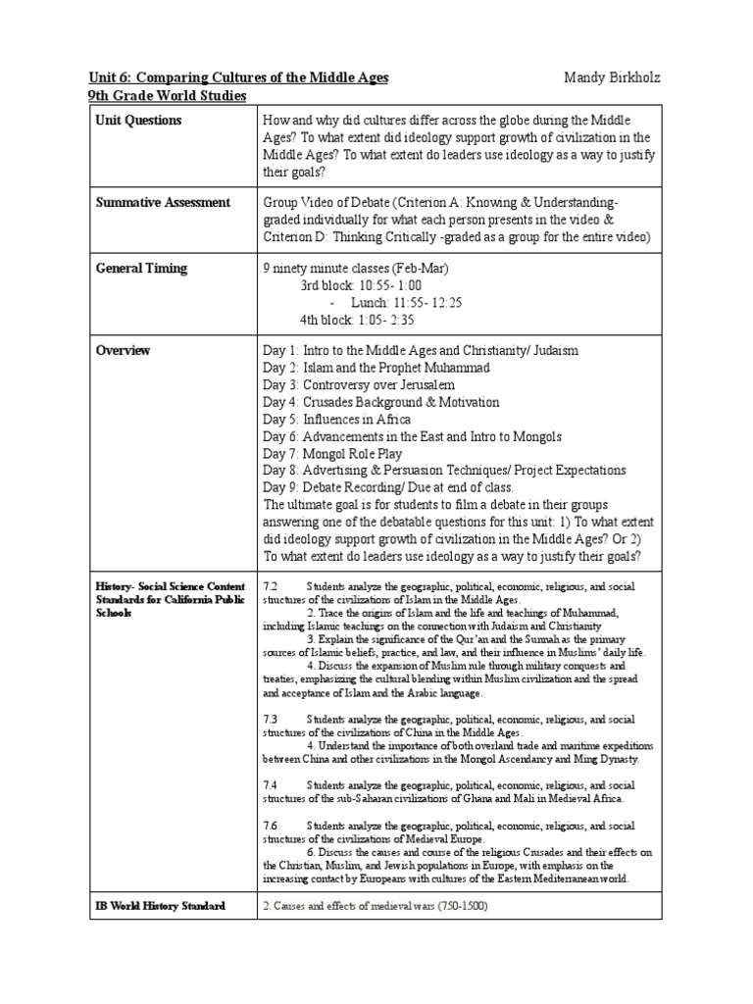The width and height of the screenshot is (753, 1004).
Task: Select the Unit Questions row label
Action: tap(138, 121)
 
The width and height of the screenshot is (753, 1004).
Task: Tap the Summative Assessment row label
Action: tap(163, 202)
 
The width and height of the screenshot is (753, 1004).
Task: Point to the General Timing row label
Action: tap(141, 268)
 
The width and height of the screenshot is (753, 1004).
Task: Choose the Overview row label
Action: tap(123, 350)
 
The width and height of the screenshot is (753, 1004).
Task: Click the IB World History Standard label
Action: tap(161, 906)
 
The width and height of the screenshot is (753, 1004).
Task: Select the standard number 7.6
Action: tap(271, 826)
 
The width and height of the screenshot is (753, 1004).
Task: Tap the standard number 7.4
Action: tap(271, 785)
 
